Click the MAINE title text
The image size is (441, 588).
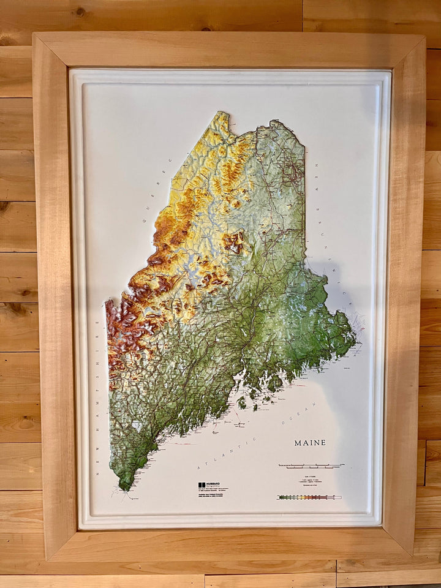310,443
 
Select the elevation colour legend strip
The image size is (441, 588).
309,497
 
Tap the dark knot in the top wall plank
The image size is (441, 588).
80,12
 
